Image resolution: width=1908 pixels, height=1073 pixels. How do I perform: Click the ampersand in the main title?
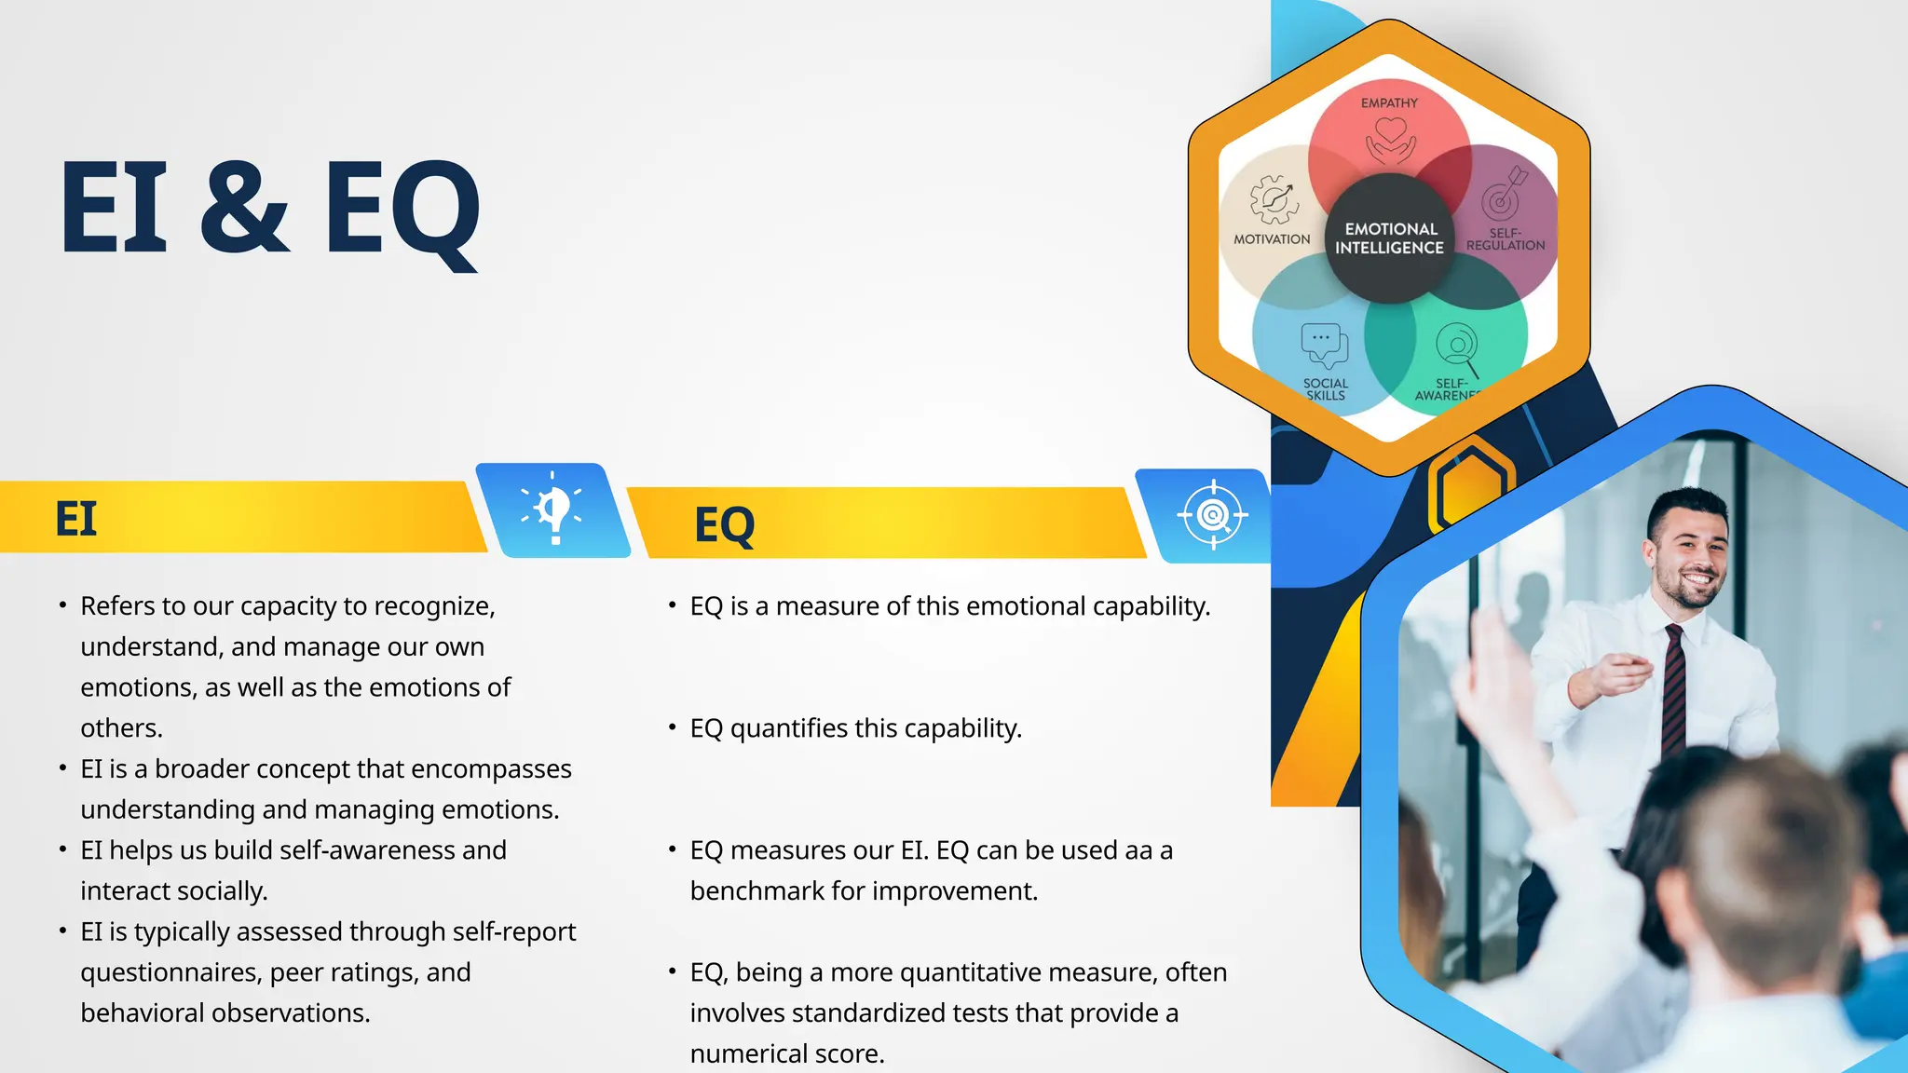click(244, 207)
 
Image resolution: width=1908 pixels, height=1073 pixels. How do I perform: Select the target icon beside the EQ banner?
click(1212, 515)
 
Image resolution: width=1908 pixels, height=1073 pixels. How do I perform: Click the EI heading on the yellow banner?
click(75, 519)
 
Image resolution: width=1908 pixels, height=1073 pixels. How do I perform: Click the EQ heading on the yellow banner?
click(724, 525)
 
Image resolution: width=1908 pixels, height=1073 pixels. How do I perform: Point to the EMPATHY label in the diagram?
click(1389, 103)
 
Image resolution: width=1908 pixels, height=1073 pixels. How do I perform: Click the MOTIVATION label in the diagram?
click(1272, 239)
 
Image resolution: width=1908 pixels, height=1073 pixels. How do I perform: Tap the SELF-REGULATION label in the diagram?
click(1505, 239)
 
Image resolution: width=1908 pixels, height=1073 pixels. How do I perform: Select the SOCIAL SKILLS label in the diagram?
click(1325, 389)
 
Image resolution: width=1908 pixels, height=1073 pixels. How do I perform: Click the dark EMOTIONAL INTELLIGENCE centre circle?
click(1389, 238)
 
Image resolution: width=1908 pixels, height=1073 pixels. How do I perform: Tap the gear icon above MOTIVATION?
click(1274, 199)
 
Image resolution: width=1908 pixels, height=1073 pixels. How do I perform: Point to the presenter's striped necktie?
click(1673, 689)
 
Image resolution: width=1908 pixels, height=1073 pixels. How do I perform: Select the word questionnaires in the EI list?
click(170, 972)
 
